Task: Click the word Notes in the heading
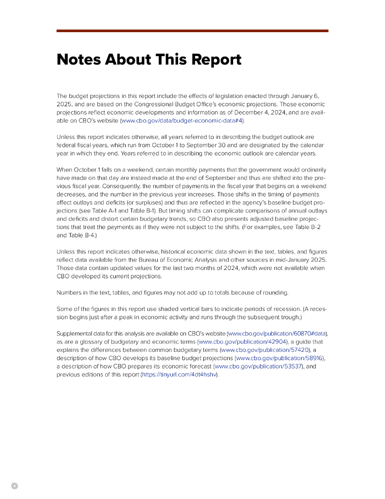[78, 59]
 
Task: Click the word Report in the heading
[215, 59]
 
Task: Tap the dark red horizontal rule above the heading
[192, 31]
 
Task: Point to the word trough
[288, 317]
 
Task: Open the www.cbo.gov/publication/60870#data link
[277, 334]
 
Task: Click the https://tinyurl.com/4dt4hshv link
[179, 374]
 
